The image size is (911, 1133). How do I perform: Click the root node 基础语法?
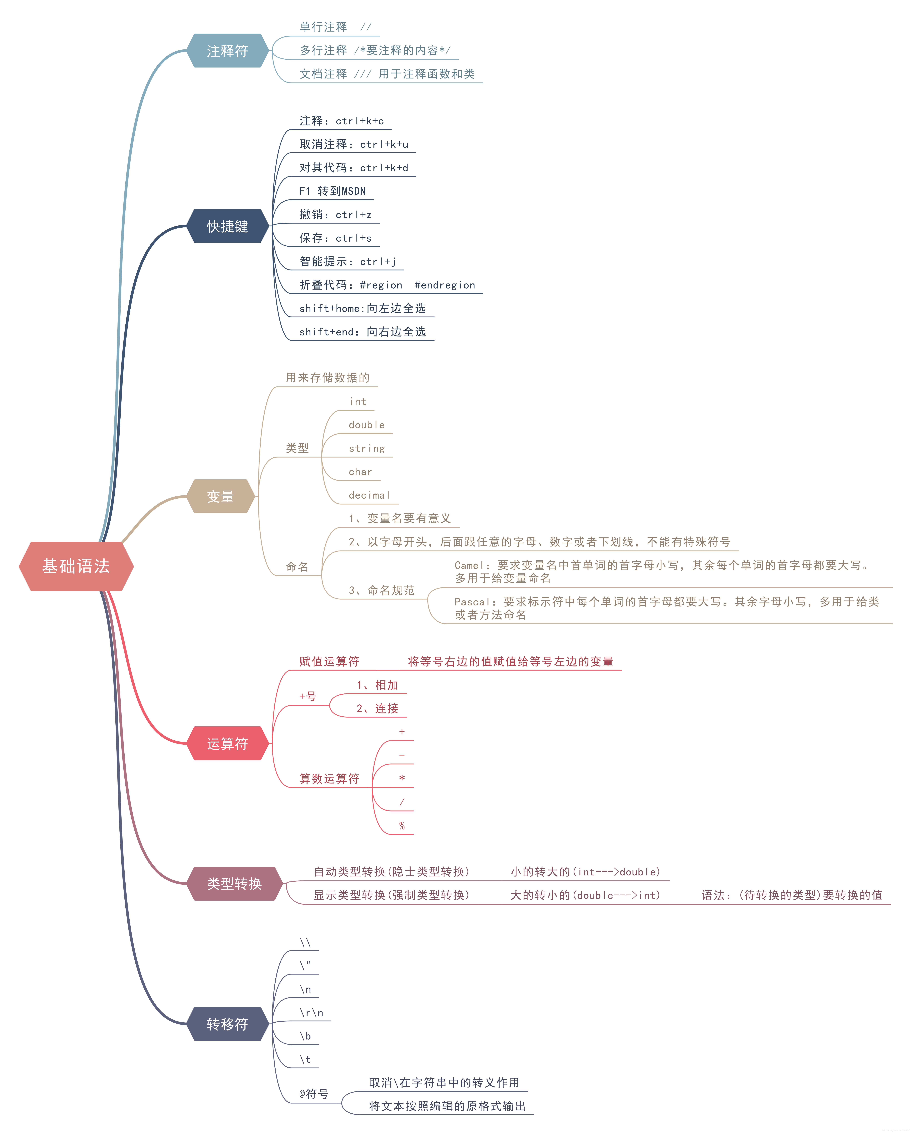pyautogui.click(x=76, y=566)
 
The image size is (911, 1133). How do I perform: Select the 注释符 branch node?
pyautogui.click(x=228, y=51)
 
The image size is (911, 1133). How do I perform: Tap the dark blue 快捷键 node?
pyautogui.click(x=228, y=226)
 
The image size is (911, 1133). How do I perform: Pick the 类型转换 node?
pyautogui.click(x=234, y=883)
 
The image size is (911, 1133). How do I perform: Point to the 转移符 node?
pyautogui.click(x=228, y=1024)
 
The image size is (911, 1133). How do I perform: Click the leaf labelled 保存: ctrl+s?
pyautogui.click(x=335, y=238)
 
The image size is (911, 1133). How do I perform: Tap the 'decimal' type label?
pyautogui.click(x=369, y=495)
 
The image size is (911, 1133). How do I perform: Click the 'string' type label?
pyautogui.click(x=367, y=448)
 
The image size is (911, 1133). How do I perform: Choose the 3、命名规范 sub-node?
pyautogui.click(x=381, y=590)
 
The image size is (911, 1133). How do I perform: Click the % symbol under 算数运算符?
pyautogui.click(x=402, y=826)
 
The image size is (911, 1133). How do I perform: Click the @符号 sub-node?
pyautogui.click(x=314, y=1094)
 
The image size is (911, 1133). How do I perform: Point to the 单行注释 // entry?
pyautogui.click(x=335, y=27)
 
